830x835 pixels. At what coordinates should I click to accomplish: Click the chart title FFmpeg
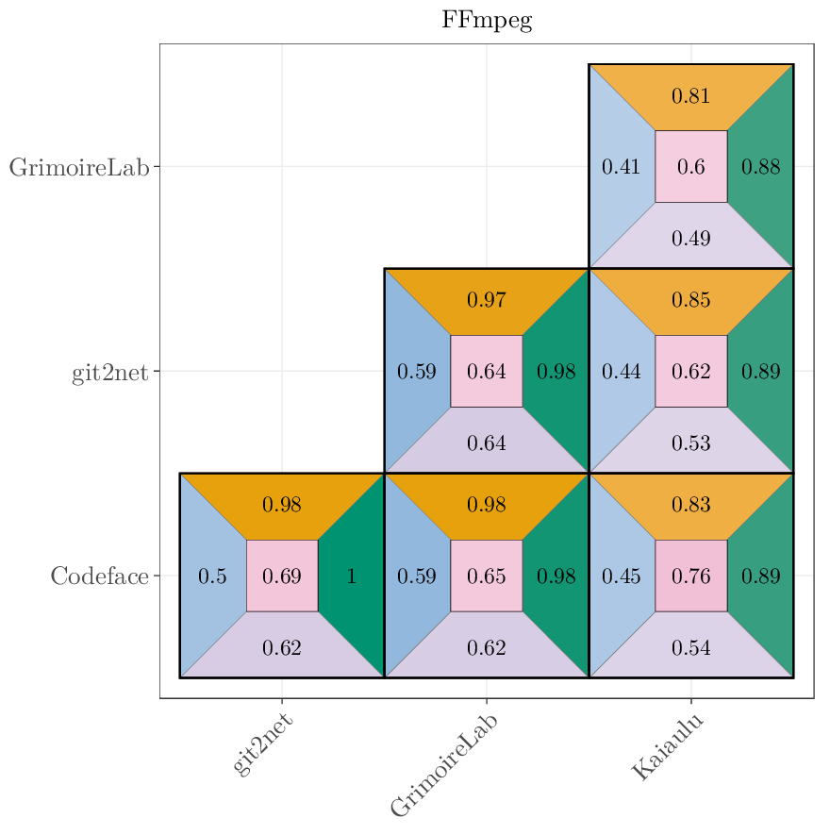tap(487, 21)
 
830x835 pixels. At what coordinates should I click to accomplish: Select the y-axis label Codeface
tap(99, 576)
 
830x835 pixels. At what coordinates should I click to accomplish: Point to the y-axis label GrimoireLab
tap(79, 167)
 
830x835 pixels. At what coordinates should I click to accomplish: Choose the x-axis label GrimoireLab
tap(444, 765)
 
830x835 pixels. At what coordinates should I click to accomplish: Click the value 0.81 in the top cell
tap(690, 96)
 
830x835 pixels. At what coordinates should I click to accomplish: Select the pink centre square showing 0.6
tap(690, 167)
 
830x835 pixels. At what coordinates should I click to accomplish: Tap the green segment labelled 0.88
tap(760, 167)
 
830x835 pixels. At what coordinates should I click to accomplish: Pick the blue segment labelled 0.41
tap(621, 167)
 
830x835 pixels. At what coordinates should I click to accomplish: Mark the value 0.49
tap(690, 239)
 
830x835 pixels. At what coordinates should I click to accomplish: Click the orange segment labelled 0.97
tap(487, 301)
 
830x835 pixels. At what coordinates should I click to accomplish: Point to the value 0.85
tap(690, 301)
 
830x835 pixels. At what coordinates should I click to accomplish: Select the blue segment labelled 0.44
tap(621, 372)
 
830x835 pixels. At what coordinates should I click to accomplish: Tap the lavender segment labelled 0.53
tap(690, 443)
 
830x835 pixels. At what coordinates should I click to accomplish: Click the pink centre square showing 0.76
tap(690, 576)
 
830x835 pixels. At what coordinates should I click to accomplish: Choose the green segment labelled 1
tap(352, 576)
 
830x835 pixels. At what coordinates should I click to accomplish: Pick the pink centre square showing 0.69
tap(282, 576)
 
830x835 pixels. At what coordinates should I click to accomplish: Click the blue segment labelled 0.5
tap(212, 576)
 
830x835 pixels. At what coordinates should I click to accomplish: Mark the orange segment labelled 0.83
tap(690, 506)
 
